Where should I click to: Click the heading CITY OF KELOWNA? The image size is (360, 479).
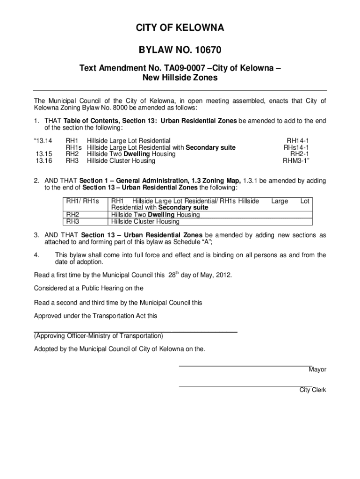click(180, 29)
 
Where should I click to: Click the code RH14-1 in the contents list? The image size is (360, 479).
click(298, 140)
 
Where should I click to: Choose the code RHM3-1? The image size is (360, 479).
click(296, 161)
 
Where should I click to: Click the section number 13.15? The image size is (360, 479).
click(43, 154)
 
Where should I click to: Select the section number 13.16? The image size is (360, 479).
click(43, 161)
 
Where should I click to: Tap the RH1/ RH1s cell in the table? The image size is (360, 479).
click(82, 201)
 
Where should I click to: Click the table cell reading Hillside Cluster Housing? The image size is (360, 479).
click(145, 222)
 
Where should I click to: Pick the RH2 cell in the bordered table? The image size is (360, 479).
click(72, 215)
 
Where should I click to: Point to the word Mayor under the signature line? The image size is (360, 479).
click(317, 370)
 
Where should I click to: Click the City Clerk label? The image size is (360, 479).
click(313, 390)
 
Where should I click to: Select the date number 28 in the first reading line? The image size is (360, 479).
click(172, 276)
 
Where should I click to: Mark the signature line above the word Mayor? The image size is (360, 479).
click(245, 365)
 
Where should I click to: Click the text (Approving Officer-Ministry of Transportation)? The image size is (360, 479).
click(98, 336)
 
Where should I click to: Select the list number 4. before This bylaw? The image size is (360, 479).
click(36, 255)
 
